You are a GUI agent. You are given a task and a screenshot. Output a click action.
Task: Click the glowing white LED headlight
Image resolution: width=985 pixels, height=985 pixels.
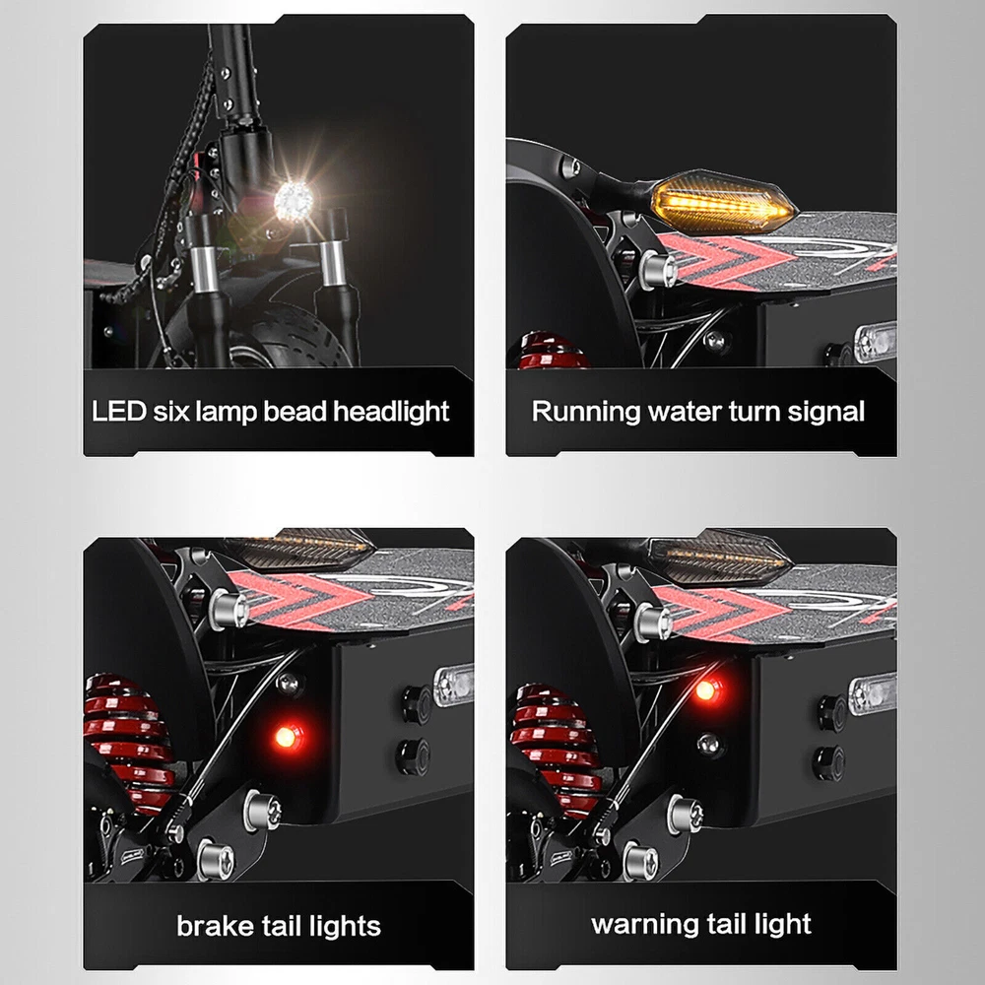pyautogui.click(x=294, y=201)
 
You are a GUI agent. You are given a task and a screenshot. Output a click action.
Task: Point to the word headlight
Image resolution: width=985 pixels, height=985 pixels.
pyautogui.click(x=391, y=412)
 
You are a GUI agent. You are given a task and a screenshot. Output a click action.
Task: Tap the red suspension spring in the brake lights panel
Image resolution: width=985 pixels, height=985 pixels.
pyautogui.click(x=129, y=744)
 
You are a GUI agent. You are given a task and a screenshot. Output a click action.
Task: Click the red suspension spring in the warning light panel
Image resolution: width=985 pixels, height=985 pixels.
pyautogui.click(x=556, y=751)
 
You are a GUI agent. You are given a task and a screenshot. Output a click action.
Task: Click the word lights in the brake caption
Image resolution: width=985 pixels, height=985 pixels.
pyautogui.click(x=345, y=927)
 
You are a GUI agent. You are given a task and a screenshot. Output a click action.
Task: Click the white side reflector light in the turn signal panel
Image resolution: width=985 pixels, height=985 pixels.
pyautogui.click(x=875, y=343)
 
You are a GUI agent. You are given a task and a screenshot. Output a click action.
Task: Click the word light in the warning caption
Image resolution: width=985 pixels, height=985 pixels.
pyautogui.click(x=783, y=925)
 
